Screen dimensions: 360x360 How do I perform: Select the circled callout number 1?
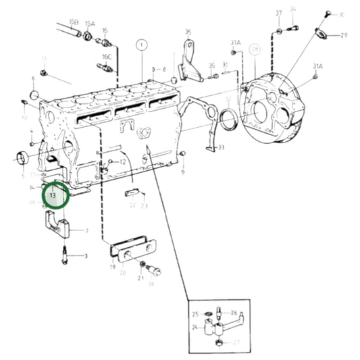pyautogui.click(x=141, y=46)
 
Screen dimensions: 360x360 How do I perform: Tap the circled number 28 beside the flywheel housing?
pyautogui.click(x=254, y=49)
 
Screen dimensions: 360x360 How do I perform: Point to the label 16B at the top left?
pyautogui.click(x=74, y=22)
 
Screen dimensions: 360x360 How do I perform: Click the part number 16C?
pyautogui.click(x=107, y=57)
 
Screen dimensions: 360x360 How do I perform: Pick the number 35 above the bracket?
pyautogui.click(x=188, y=32)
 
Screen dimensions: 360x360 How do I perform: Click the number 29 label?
pyautogui.click(x=344, y=35)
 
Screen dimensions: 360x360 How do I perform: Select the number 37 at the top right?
pyautogui.click(x=278, y=14)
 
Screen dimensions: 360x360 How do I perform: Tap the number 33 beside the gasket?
pyautogui.click(x=221, y=147)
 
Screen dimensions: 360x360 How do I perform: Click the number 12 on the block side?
pyautogui.click(x=123, y=162)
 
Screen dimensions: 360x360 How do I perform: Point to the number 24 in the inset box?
pyautogui.click(x=194, y=328)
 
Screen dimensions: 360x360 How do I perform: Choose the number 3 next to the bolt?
pyautogui.click(x=86, y=256)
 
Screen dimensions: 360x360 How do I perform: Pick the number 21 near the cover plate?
pyautogui.click(x=141, y=277)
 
